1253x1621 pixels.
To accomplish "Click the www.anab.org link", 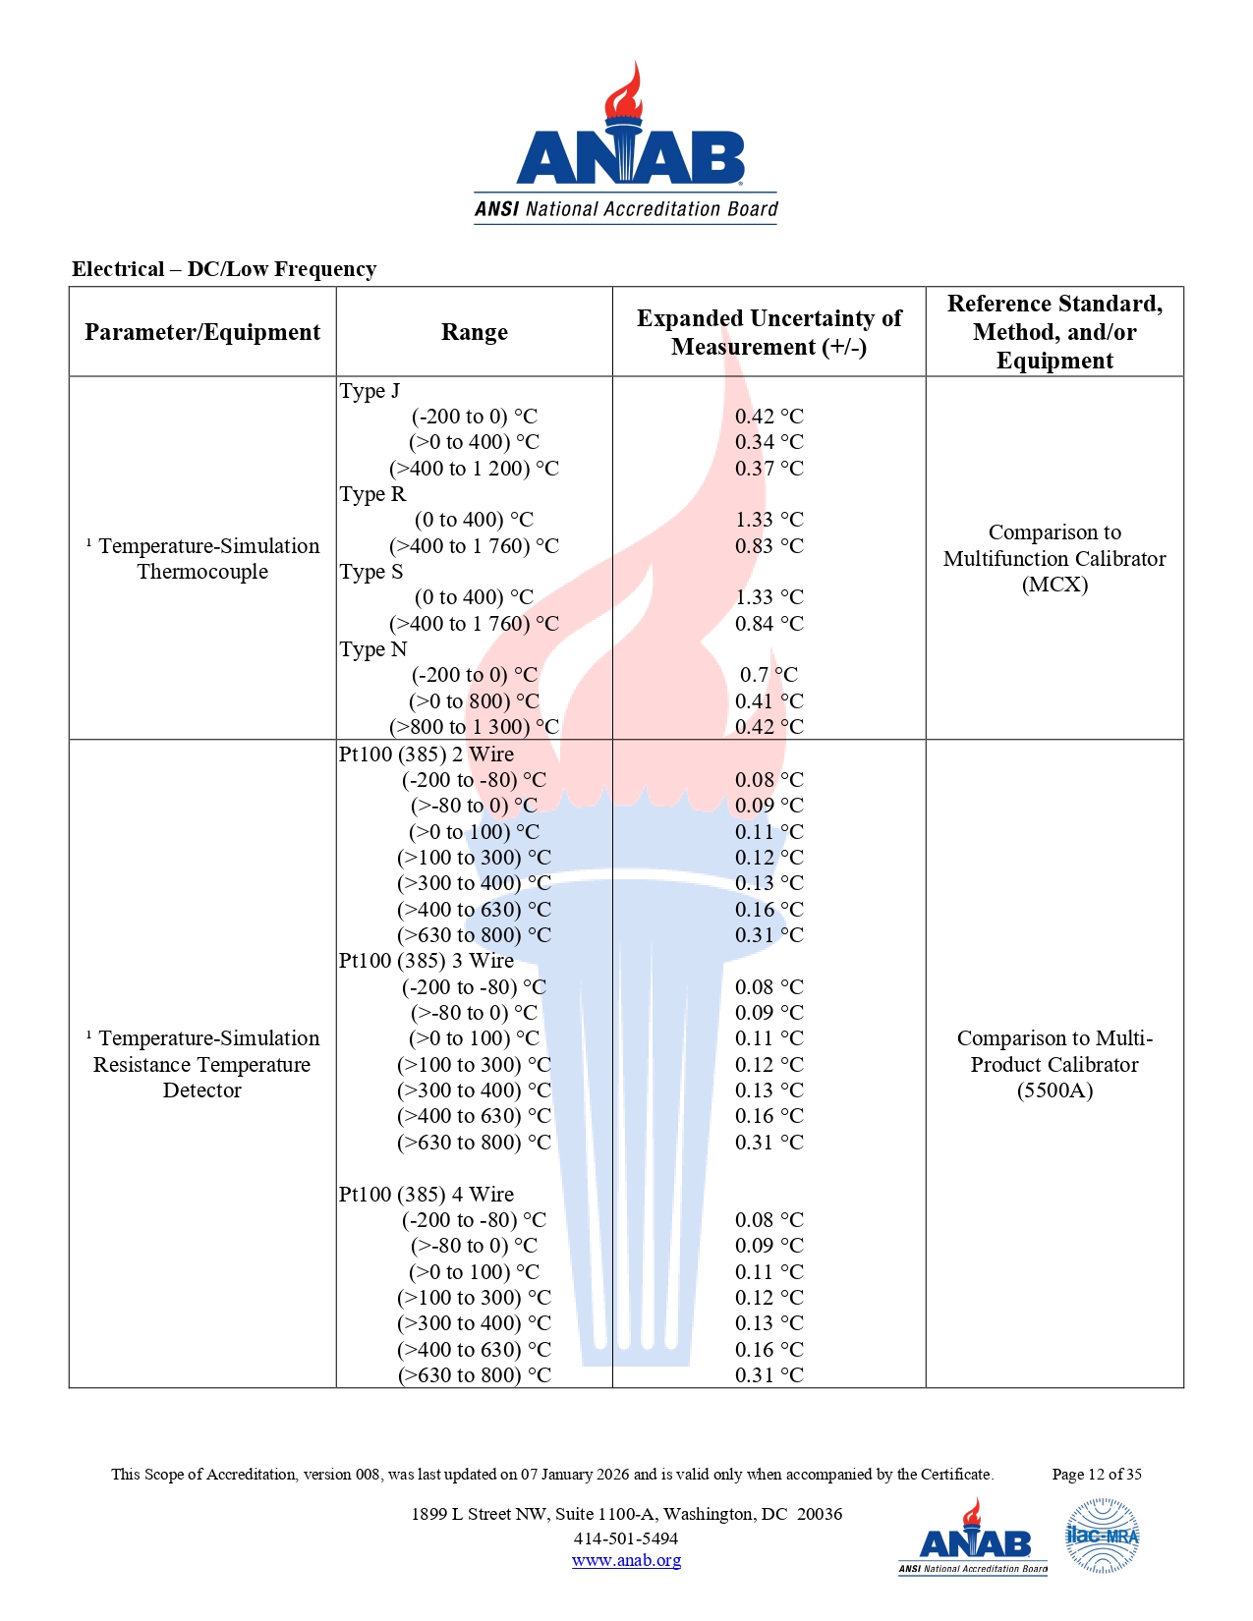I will coord(626,1560).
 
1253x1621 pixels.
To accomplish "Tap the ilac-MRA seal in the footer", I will coord(1102,1536).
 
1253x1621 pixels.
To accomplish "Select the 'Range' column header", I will coord(474,332).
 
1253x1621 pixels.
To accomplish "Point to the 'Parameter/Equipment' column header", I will coord(202,332).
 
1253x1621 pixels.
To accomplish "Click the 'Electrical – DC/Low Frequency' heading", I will coord(224,269).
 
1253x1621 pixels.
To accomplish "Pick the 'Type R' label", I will coord(372,494).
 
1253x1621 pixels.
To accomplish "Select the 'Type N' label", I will coord(373,649).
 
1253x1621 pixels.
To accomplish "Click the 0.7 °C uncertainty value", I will coord(769,675).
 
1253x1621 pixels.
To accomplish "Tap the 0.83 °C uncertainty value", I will coord(769,546).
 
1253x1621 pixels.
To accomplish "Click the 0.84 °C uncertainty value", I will coord(769,624).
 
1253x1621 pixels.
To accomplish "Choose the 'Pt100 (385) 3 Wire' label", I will coord(427,961).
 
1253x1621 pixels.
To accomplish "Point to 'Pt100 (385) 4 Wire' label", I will coord(427,1195).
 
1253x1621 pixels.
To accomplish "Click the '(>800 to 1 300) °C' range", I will coord(474,727).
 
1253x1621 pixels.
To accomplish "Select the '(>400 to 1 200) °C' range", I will coord(474,469).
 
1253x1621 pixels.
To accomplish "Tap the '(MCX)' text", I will coord(1054,585).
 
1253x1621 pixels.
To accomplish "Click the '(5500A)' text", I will coord(1054,1090).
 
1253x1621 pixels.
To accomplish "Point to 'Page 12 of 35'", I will coord(1097,1474).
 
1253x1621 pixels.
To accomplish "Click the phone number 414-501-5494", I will coord(626,1538).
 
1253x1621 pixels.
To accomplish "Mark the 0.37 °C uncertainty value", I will coord(769,469).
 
